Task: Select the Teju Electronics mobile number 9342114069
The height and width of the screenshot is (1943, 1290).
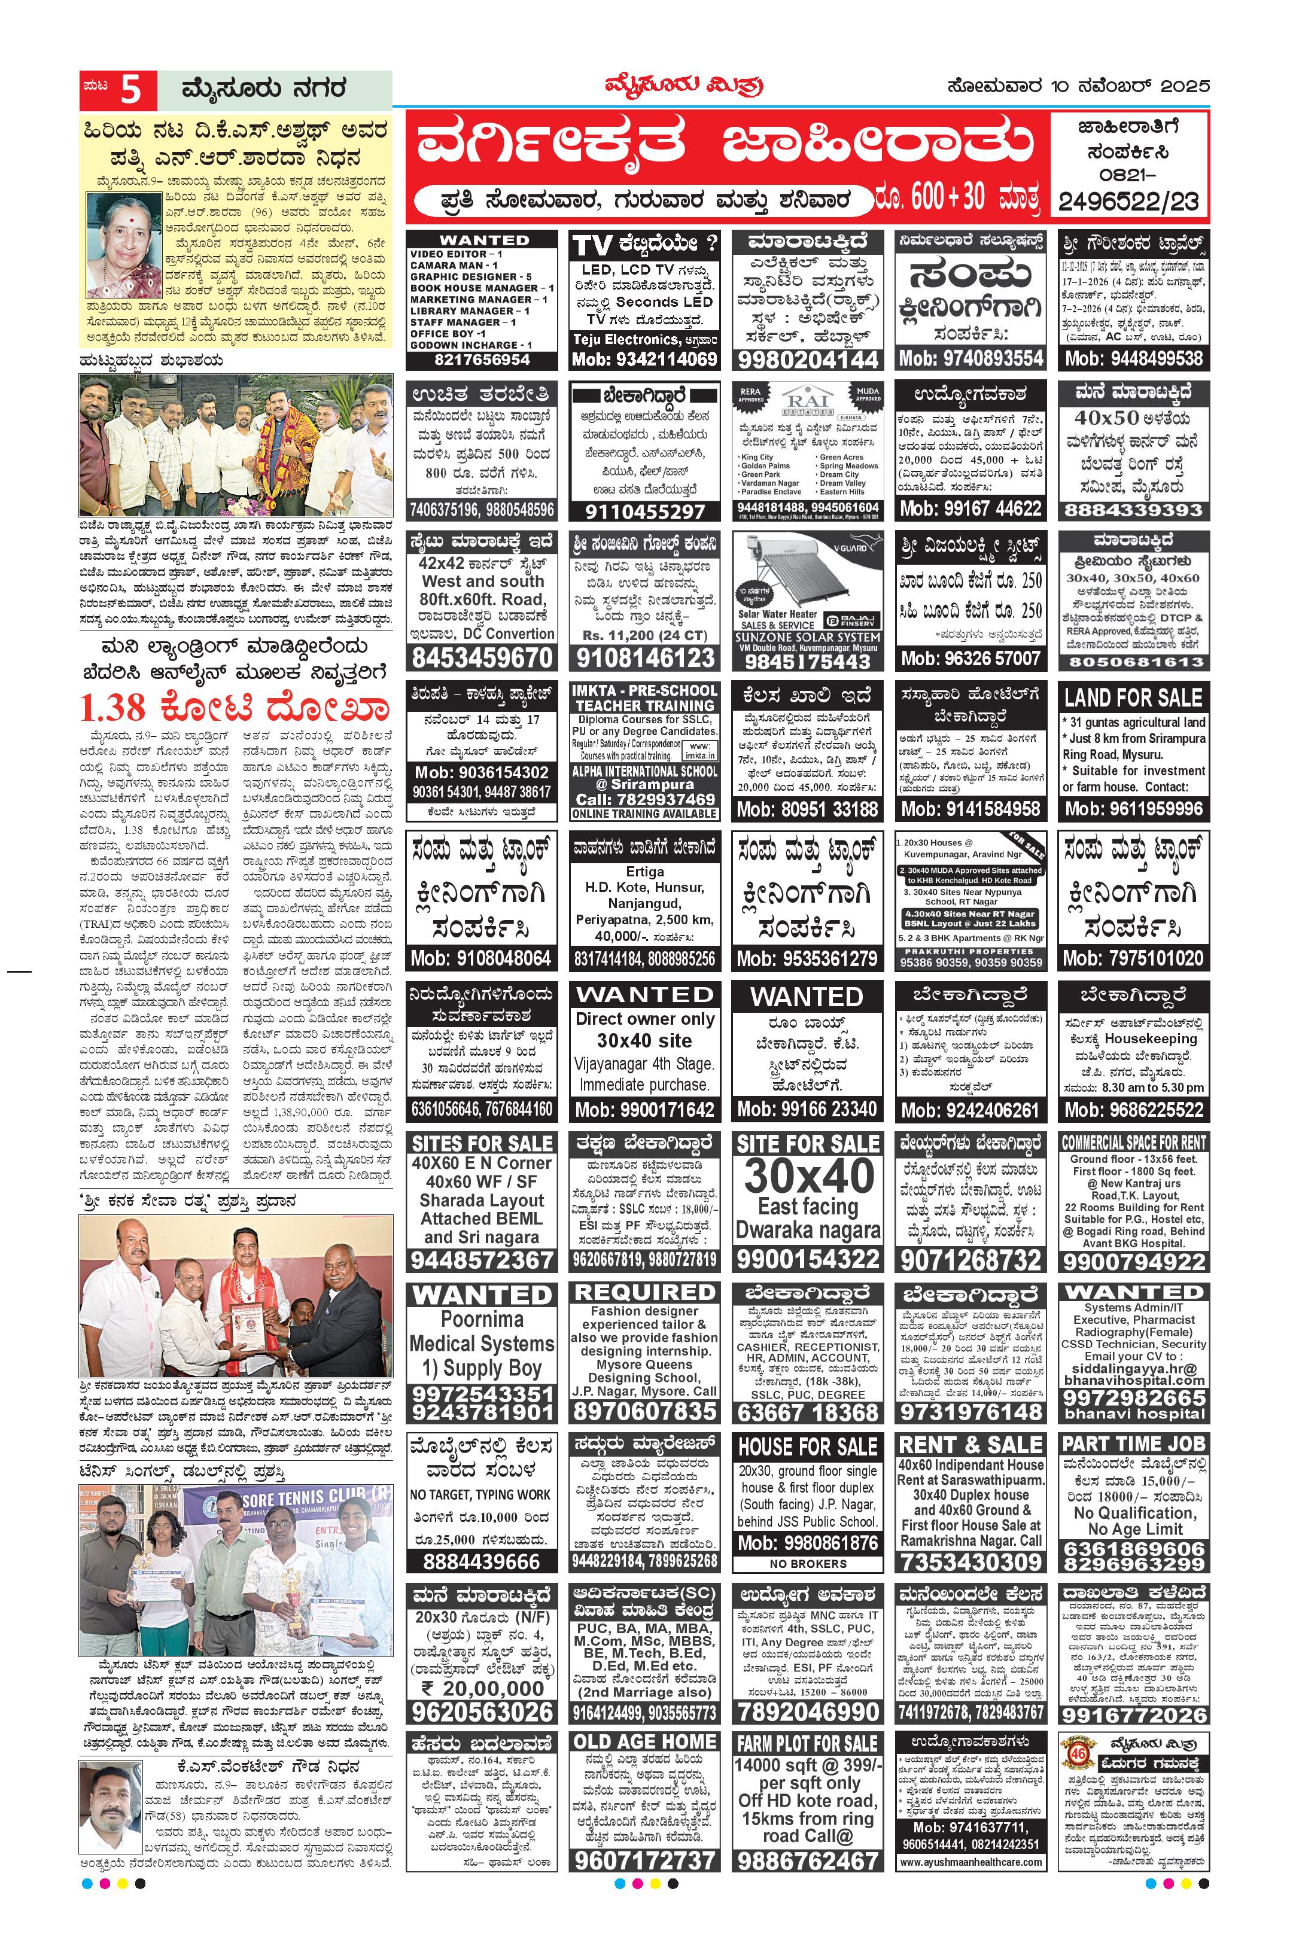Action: click(644, 360)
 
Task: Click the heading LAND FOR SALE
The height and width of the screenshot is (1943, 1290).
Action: click(1133, 698)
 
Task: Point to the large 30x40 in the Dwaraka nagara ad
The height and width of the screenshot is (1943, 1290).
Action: click(808, 1176)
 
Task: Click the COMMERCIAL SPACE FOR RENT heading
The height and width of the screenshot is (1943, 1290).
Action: click(1133, 1143)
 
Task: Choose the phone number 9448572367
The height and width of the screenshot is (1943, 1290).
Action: click(481, 1259)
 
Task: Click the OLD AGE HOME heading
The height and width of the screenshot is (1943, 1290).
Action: click(644, 1741)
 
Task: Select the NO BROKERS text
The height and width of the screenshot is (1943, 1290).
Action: click(807, 1564)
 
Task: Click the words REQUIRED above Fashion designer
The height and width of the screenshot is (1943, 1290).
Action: click(644, 1292)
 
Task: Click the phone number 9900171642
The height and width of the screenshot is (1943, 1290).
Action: click(644, 1110)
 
